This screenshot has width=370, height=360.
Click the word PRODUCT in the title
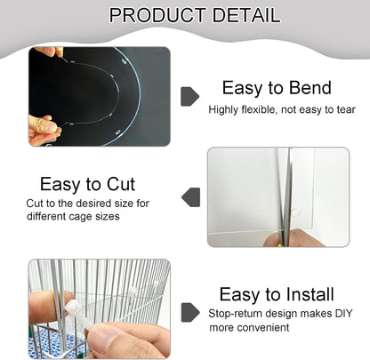tap(153, 15)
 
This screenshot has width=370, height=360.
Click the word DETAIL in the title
tap(243, 15)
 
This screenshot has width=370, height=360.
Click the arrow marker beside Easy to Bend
tap(189, 96)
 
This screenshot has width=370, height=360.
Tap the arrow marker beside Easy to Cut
tap(189, 197)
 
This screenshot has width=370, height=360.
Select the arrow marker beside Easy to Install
tap(189, 312)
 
